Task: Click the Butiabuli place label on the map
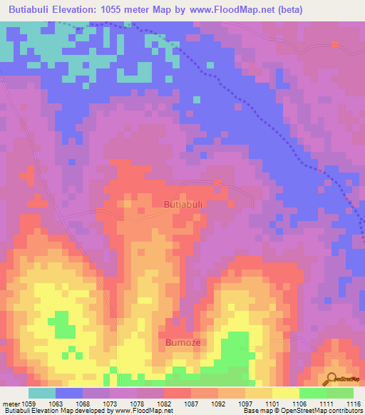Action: click(x=184, y=204)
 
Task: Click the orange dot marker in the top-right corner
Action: click(x=336, y=44)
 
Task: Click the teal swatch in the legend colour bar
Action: click(x=42, y=393)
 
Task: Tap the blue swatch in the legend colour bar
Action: click(x=69, y=393)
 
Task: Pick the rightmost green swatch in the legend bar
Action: click(x=340, y=393)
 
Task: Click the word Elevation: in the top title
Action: click(x=81, y=10)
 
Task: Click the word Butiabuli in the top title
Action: click(x=28, y=10)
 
